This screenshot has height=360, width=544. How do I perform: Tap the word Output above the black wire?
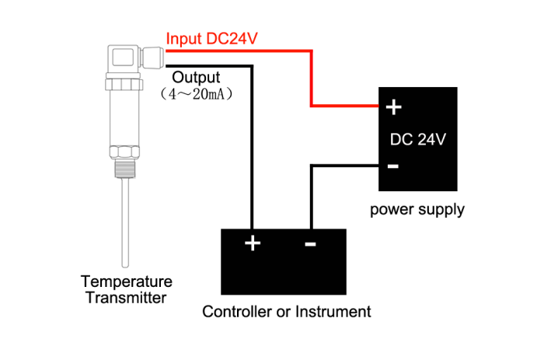coord(196,78)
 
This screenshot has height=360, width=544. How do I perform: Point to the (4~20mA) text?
coord(197,94)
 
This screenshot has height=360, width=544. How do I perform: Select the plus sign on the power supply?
coord(393,107)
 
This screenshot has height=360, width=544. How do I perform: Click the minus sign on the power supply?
coord(393,165)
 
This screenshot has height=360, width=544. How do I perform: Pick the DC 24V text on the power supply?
coord(417,140)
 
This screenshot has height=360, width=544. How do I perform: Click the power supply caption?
coord(417,209)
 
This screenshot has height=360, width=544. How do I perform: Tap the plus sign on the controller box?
coord(253,243)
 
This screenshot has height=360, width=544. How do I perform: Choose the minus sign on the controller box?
coord(310,244)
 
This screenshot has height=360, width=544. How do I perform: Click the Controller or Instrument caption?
coord(287,313)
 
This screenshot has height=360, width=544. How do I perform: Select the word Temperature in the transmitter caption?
coord(127,281)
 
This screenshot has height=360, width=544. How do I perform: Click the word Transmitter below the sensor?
coord(127,297)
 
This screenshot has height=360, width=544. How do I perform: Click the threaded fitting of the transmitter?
coord(124,166)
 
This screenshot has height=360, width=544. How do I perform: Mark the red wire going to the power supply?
coord(312,78)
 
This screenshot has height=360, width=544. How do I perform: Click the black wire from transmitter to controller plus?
coord(250,148)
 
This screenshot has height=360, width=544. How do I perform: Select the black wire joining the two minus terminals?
coord(311,194)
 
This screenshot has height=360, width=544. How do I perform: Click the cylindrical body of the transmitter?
coord(124,117)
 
